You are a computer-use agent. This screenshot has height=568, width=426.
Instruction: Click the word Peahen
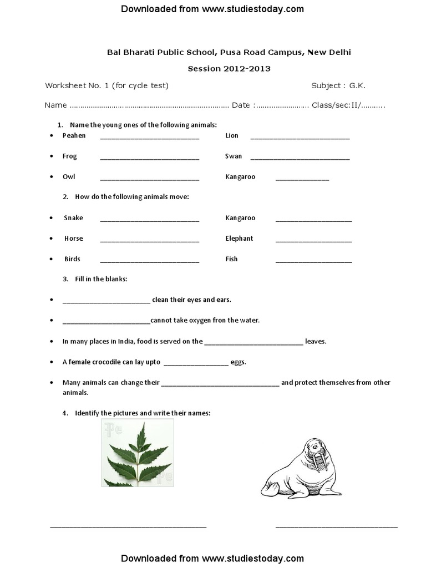[x=74, y=135]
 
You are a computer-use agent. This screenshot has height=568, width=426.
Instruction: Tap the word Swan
[x=234, y=156]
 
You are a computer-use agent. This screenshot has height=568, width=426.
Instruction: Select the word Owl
[x=69, y=176]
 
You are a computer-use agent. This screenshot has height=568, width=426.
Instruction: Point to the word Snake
[x=73, y=218]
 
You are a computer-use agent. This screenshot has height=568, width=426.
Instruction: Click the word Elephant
[x=239, y=239]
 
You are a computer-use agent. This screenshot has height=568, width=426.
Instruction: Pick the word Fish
[x=231, y=259]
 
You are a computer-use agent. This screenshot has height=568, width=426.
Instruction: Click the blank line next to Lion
[x=300, y=137]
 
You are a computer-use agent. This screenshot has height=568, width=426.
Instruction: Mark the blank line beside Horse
[x=150, y=240]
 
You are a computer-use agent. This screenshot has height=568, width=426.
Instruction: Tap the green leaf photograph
[x=138, y=453]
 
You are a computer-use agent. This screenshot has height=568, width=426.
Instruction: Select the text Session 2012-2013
[x=229, y=69]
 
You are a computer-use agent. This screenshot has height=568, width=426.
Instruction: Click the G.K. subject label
[x=357, y=85]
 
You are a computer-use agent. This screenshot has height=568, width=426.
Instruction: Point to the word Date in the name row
[x=241, y=105]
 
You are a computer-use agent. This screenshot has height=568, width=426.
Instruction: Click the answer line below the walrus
[x=337, y=526]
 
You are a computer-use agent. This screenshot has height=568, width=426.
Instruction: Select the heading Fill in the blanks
[x=101, y=279]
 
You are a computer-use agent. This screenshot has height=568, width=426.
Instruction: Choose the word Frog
[x=70, y=156]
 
